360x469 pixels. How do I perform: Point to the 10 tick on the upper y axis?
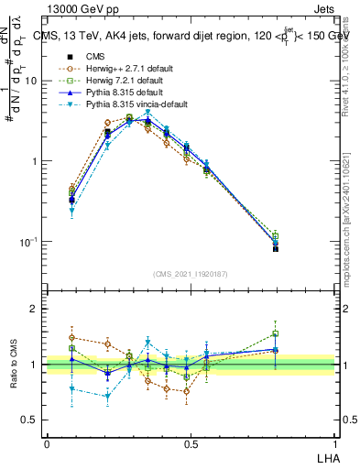pos(35,81)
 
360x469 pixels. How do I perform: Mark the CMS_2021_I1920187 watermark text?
pos(190,274)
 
